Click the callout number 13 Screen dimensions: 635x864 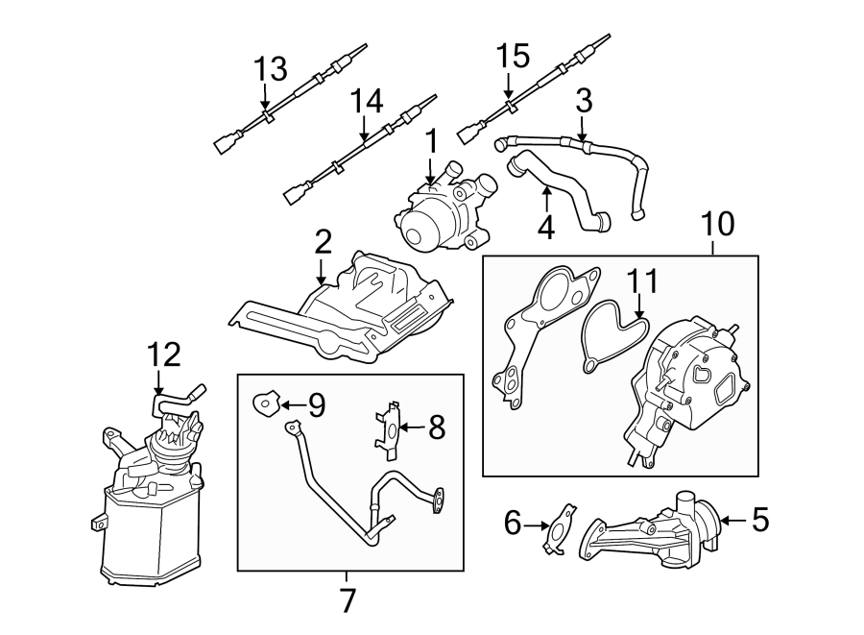[270, 69]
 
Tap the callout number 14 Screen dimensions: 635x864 [366, 101]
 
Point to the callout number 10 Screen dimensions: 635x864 [716, 225]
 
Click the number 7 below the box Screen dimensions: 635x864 [348, 600]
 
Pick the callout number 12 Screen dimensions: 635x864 [164, 355]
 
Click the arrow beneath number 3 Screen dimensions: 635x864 [583, 132]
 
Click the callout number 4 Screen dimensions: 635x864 [545, 229]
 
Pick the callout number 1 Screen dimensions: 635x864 [431, 141]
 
